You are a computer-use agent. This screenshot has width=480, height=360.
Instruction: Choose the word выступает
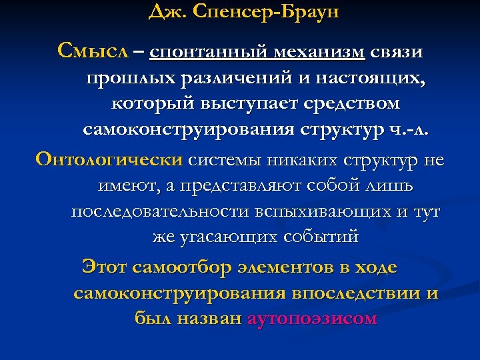click(250, 105)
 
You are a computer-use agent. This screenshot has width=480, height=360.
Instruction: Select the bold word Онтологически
click(109, 160)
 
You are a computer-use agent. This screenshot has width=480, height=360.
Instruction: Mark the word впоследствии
click(353, 293)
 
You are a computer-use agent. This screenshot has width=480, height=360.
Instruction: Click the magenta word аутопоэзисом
click(312, 318)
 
